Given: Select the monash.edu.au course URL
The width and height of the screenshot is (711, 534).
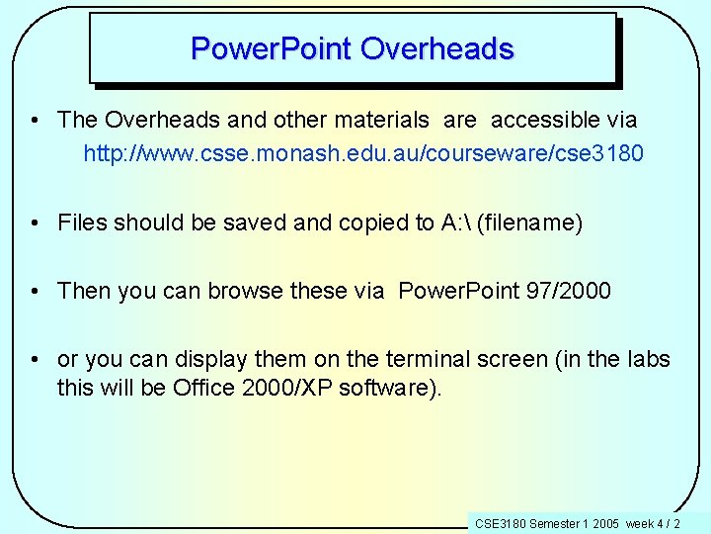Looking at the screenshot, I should click(363, 154).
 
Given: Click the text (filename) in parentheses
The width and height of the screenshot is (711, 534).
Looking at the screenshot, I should click(529, 222).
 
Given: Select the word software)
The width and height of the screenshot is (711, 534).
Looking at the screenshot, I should click(391, 387).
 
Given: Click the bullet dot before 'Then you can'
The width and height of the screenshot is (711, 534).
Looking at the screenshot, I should click(34, 291).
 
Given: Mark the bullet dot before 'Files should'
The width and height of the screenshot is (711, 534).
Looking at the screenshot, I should click(34, 222).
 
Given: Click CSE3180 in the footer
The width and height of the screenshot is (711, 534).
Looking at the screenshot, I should click(501, 523).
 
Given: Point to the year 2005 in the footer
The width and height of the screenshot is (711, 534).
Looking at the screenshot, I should click(605, 523).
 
